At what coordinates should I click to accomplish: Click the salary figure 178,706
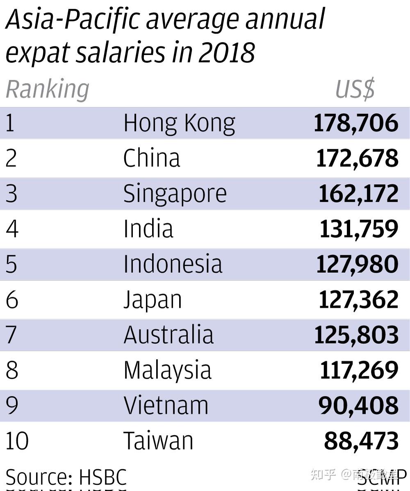[x=356, y=123]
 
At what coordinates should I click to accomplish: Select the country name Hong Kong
[x=179, y=123]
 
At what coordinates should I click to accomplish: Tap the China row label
[x=152, y=158]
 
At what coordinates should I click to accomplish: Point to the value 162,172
[x=358, y=194]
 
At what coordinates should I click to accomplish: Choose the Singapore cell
[x=175, y=194]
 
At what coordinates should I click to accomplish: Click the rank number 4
[x=12, y=229]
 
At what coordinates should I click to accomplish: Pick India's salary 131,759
[x=359, y=229]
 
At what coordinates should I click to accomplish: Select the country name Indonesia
[x=173, y=264]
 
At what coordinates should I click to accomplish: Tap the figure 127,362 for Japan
[x=358, y=299]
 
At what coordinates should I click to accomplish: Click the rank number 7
[x=11, y=335]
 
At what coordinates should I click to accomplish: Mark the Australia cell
[x=169, y=335]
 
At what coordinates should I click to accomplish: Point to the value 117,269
[x=359, y=370]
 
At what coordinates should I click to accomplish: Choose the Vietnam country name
[x=166, y=405]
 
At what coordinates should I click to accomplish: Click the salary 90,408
[x=358, y=405]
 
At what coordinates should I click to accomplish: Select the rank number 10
[x=17, y=441]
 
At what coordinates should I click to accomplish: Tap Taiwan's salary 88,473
[x=361, y=441]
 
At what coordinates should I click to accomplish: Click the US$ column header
[x=355, y=89]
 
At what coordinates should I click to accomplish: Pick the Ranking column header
[x=48, y=89]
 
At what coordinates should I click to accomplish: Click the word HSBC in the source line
[x=102, y=477]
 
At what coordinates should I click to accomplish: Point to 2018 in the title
[x=227, y=53]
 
